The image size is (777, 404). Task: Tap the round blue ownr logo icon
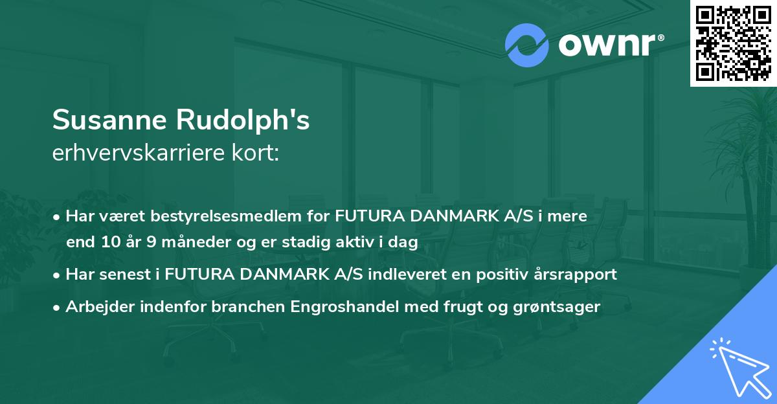[527, 45]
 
